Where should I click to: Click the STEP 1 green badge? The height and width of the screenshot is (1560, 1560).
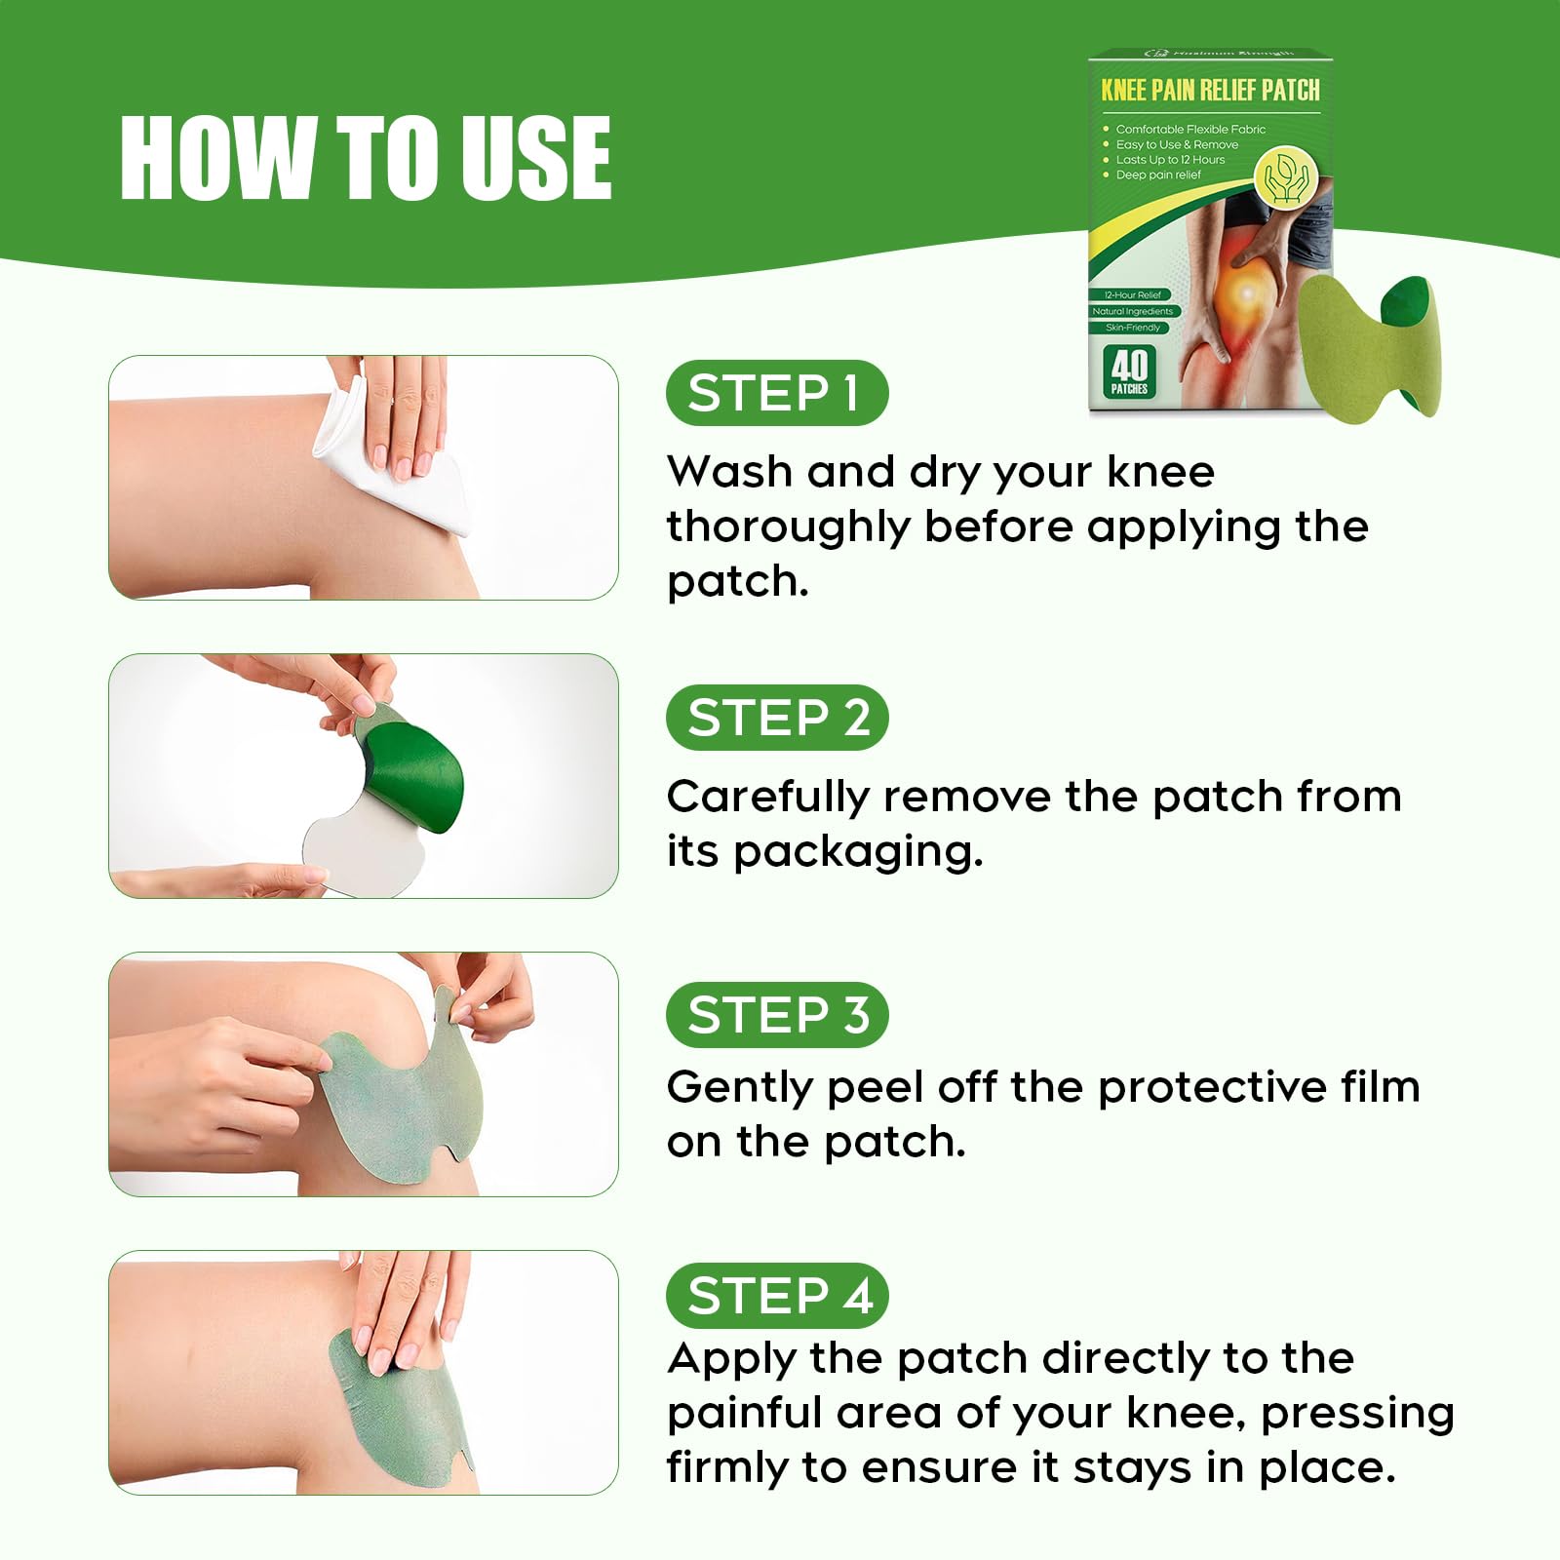[x=776, y=393]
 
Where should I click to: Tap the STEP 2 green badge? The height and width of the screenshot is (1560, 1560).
[x=776, y=718]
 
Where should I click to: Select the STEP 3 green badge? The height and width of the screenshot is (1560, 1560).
[x=776, y=1015]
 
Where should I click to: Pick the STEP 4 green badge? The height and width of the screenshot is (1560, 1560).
[x=776, y=1296]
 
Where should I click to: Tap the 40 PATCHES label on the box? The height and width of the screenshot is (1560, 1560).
[x=1129, y=372]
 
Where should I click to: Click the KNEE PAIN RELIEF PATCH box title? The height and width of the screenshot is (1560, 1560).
[x=1210, y=91]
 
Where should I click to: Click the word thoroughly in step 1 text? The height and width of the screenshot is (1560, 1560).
[x=788, y=527]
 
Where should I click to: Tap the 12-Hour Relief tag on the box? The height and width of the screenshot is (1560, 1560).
[x=1132, y=294]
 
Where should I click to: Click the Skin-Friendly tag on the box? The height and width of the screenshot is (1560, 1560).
[x=1132, y=328]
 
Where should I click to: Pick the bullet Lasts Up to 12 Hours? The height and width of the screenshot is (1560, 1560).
[x=1170, y=160]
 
